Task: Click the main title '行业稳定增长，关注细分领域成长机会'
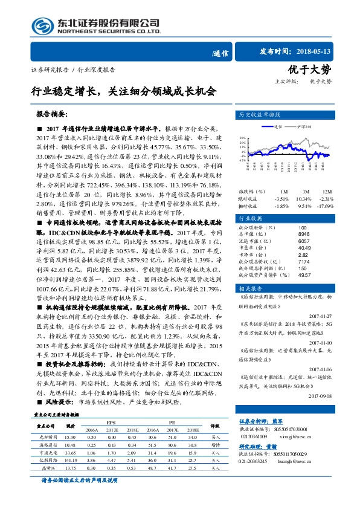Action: point(124,92)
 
